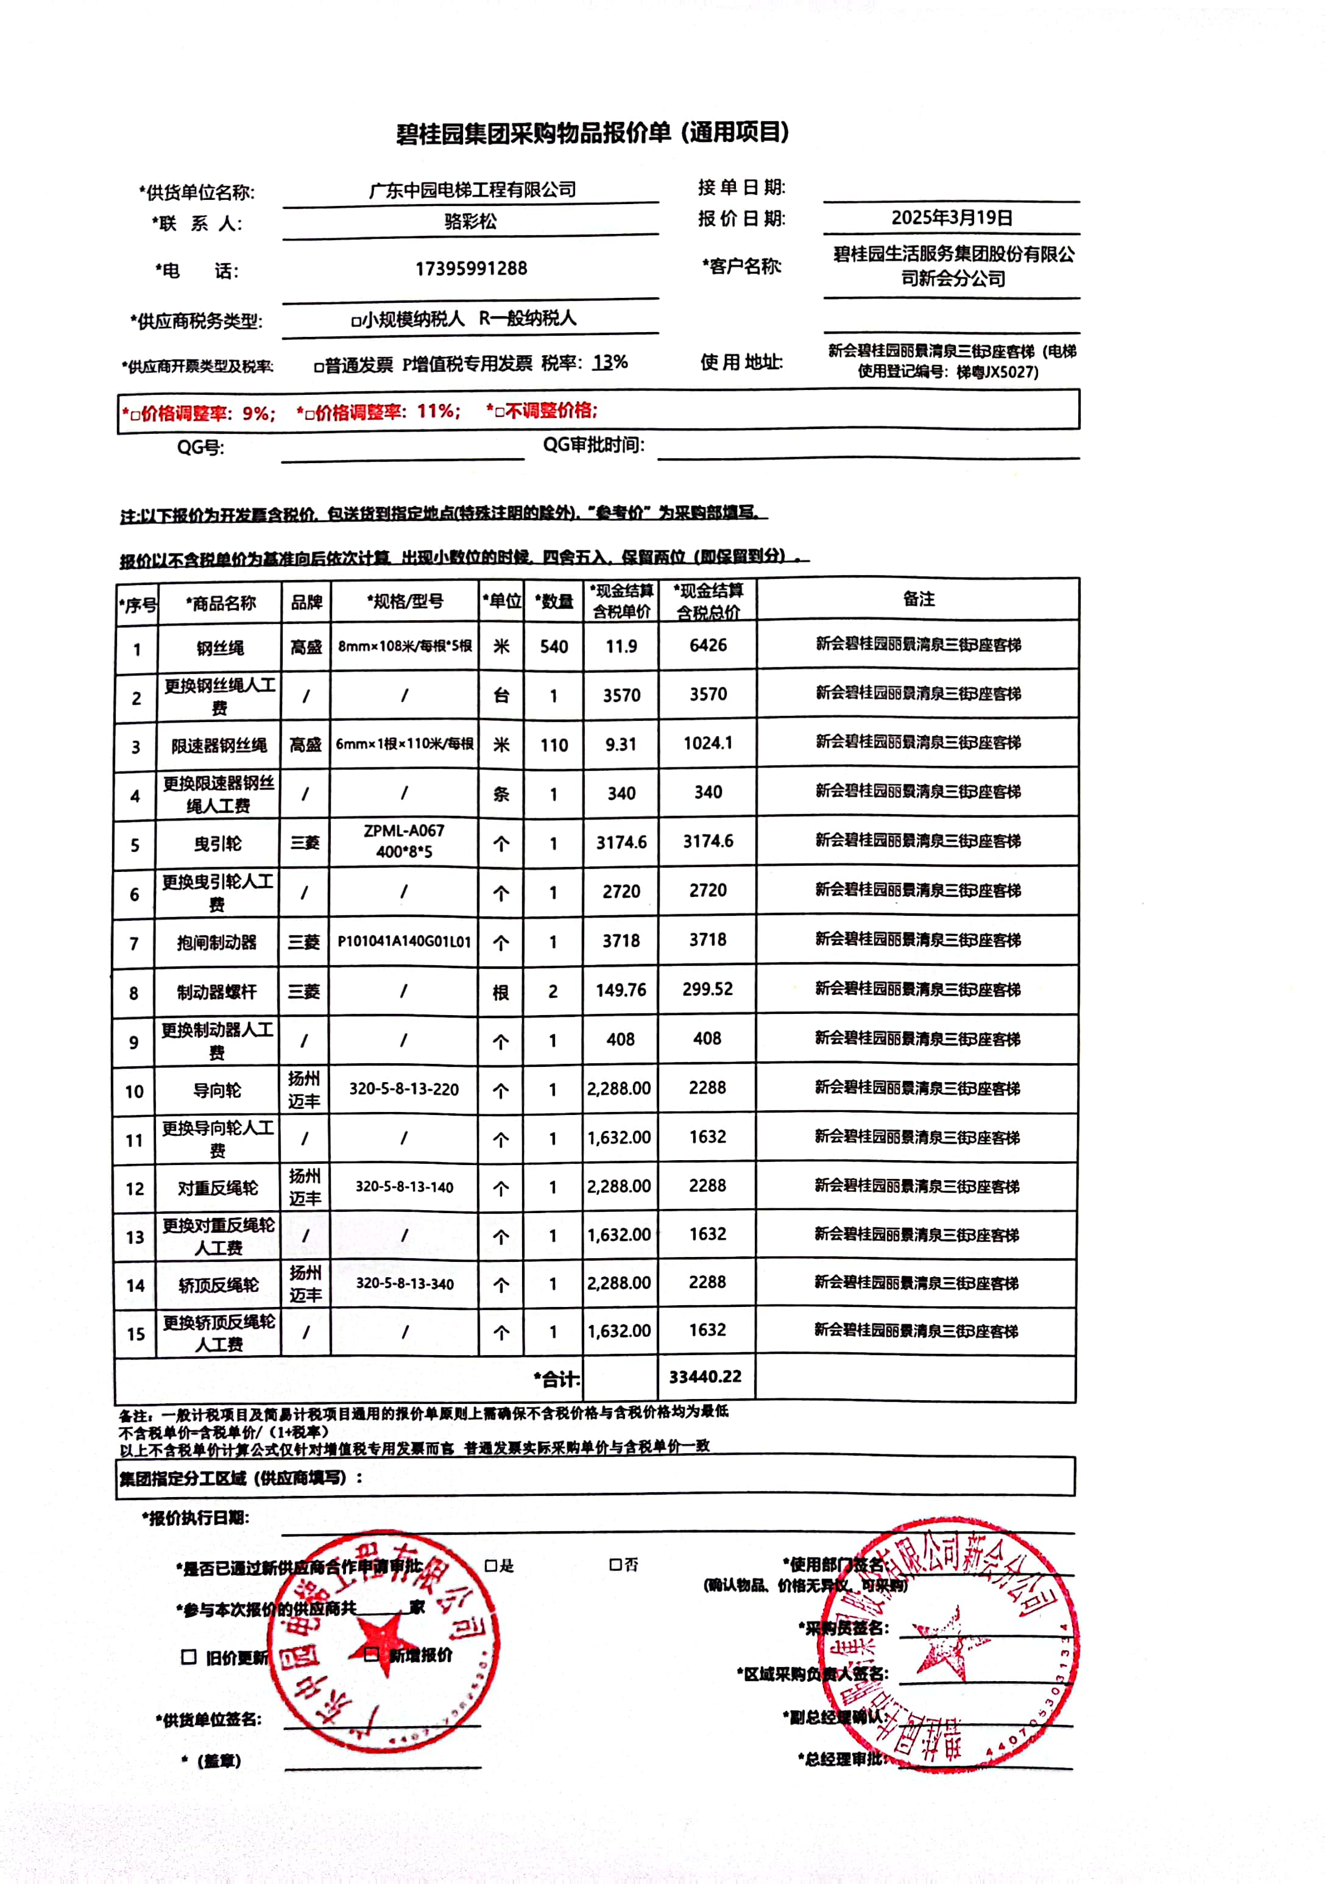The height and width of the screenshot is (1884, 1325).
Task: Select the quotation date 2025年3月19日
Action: click(952, 218)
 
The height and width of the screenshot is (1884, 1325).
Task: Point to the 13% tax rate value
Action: click(610, 363)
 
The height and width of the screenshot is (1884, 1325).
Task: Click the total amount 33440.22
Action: click(705, 1376)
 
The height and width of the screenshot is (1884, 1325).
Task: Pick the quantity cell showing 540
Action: click(554, 646)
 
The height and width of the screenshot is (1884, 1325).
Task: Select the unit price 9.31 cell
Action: click(621, 744)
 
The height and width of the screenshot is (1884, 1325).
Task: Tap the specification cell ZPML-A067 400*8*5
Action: click(404, 841)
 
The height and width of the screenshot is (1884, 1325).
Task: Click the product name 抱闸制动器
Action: click(217, 942)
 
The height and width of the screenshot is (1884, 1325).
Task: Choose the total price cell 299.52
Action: click(707, 990)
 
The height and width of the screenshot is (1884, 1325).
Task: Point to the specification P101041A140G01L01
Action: click(405, 941)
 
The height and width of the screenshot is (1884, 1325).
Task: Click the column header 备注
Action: click(918, 599)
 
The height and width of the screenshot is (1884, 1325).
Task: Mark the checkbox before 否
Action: click(615, 1565)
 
